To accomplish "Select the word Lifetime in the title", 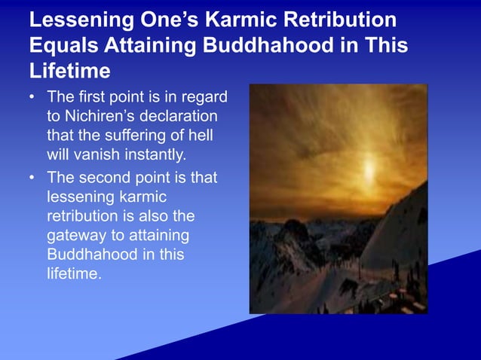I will click(x=70, y=72).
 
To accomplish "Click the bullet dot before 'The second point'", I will click(x=32, y=179).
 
